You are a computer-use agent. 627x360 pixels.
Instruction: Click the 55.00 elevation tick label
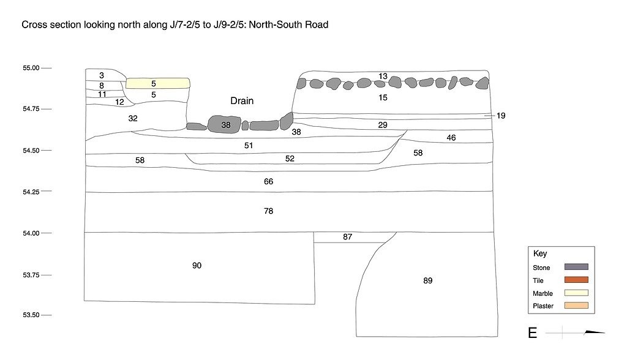click(x=31, y=68)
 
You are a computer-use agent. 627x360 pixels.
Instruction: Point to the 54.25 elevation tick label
click(x=31, y=192)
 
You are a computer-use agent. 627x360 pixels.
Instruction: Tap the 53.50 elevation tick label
click(x=31, y=315)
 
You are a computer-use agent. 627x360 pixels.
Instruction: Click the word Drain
click(x=242, y=101)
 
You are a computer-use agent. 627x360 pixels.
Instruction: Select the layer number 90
click(x=197, y=266)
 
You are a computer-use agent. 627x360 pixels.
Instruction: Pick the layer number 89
click(x=427, y=281)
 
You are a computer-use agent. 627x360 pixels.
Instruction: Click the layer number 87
click(x=347, y=237)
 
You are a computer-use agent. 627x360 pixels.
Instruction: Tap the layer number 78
click(x=268, y=211)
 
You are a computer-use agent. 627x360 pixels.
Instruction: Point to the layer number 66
click(x=268, y=182)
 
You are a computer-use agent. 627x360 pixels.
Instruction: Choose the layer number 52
click(x=290, y=159)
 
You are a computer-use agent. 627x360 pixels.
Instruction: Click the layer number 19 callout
click(x=501, y=116)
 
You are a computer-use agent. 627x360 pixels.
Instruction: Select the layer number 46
click(x=451, y=138)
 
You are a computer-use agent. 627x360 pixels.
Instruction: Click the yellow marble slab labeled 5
click(x=157, y=83)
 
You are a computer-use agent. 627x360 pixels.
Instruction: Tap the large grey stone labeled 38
click(x=226, y=124)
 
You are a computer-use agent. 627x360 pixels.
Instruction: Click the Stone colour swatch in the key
click(x=576, y=267)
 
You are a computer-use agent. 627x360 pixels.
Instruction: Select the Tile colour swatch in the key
click(x=576, y=280)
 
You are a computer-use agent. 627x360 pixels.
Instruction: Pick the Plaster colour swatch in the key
click(x=576, y=306)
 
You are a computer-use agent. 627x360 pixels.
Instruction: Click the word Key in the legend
click(x=540, y=253)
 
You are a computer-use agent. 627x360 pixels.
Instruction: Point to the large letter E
click(x=533, y=333)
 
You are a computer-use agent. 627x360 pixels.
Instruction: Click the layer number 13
click(x=383, y=77)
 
